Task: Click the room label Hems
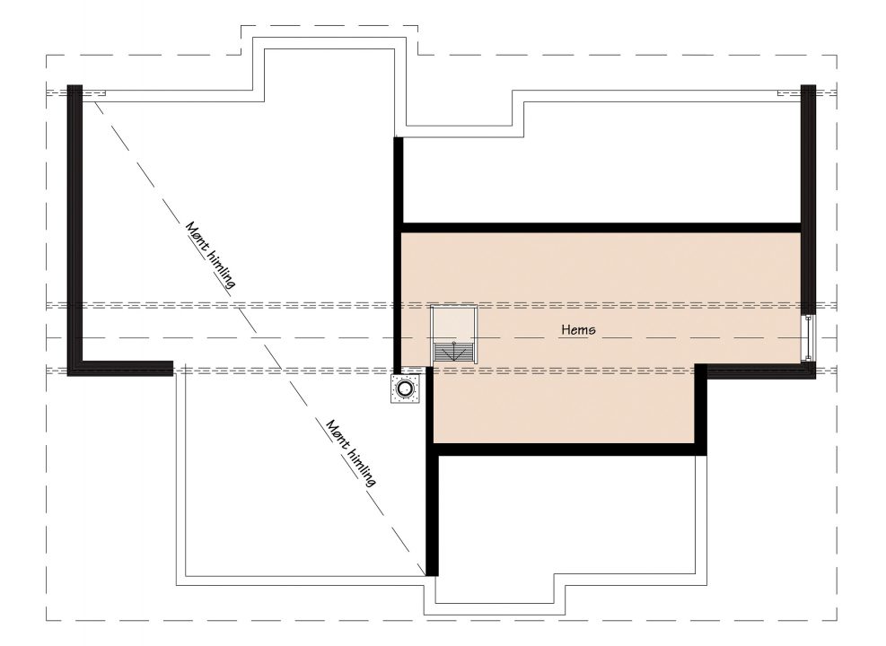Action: click(578, 329)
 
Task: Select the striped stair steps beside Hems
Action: click(454, 352)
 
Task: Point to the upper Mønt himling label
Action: click(210, 255)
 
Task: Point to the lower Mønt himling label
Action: click(351, 453)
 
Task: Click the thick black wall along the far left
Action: click(75, 230)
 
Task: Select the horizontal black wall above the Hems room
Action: click(601, 228)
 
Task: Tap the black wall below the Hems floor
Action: click(569, 450)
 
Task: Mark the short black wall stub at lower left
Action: click(127, 368)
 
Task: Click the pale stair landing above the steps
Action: click(454, 325)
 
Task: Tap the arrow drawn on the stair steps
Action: click(453, 352)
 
